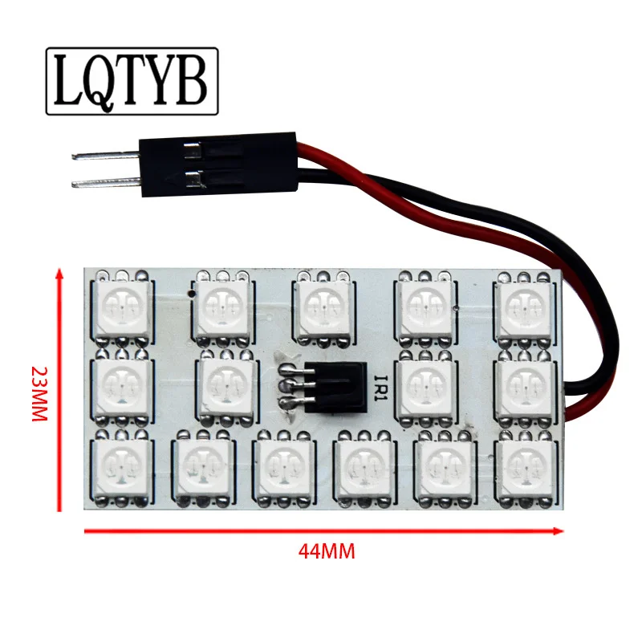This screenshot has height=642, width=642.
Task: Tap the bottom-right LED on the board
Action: click(526, 466)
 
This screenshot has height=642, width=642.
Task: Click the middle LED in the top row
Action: click(321, 304)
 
